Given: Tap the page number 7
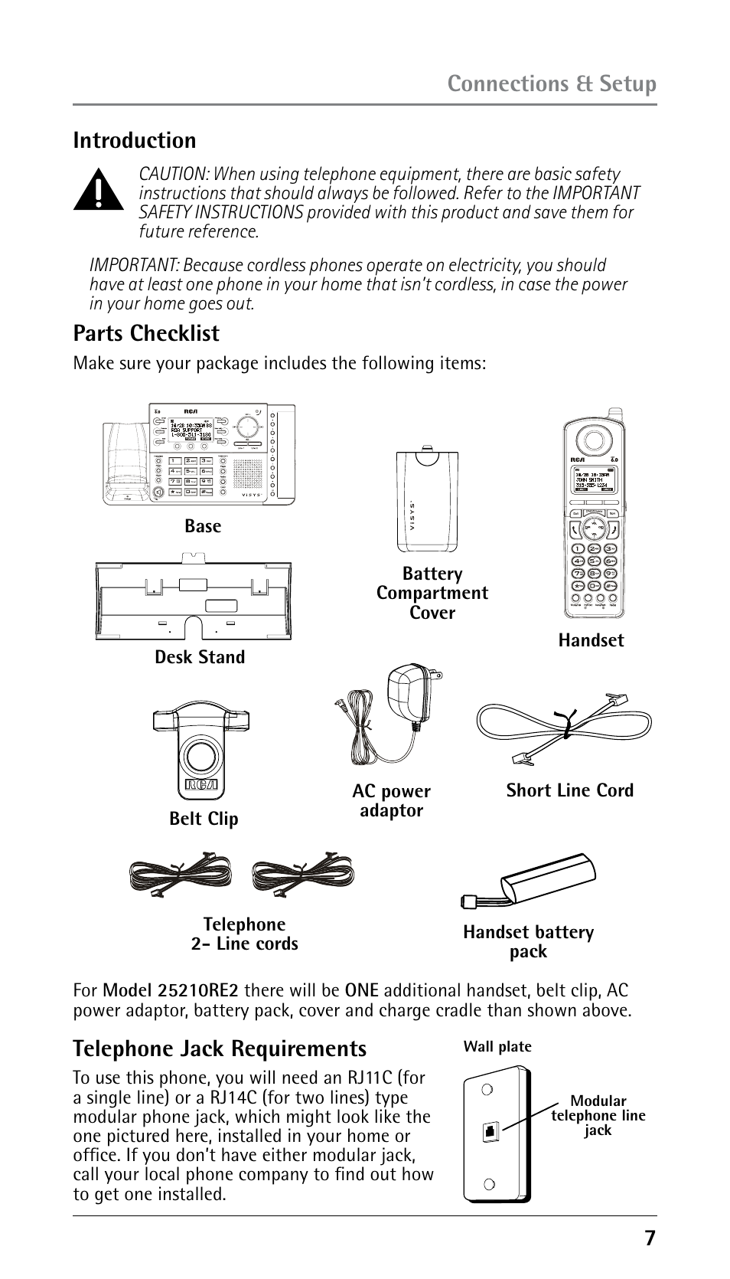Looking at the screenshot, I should (x=650, y=1238).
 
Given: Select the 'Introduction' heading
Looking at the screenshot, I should (x=135, y=140).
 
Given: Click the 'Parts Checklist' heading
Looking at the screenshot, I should (x=146, y=333).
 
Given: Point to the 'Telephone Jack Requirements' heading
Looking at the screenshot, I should (x=220, y=1048).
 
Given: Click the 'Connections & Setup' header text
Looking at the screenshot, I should (x=552, y=83).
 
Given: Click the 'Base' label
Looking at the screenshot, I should (x=203, y=526).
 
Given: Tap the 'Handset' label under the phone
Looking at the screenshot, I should (x=591, y=640).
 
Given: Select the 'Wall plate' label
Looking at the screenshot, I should (x=497, y=1047).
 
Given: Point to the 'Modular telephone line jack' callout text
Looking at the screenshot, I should (x=598, y=1115).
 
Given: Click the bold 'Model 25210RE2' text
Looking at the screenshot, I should (x=171, y=991).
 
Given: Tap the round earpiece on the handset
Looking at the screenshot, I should (x=593, y=440).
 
